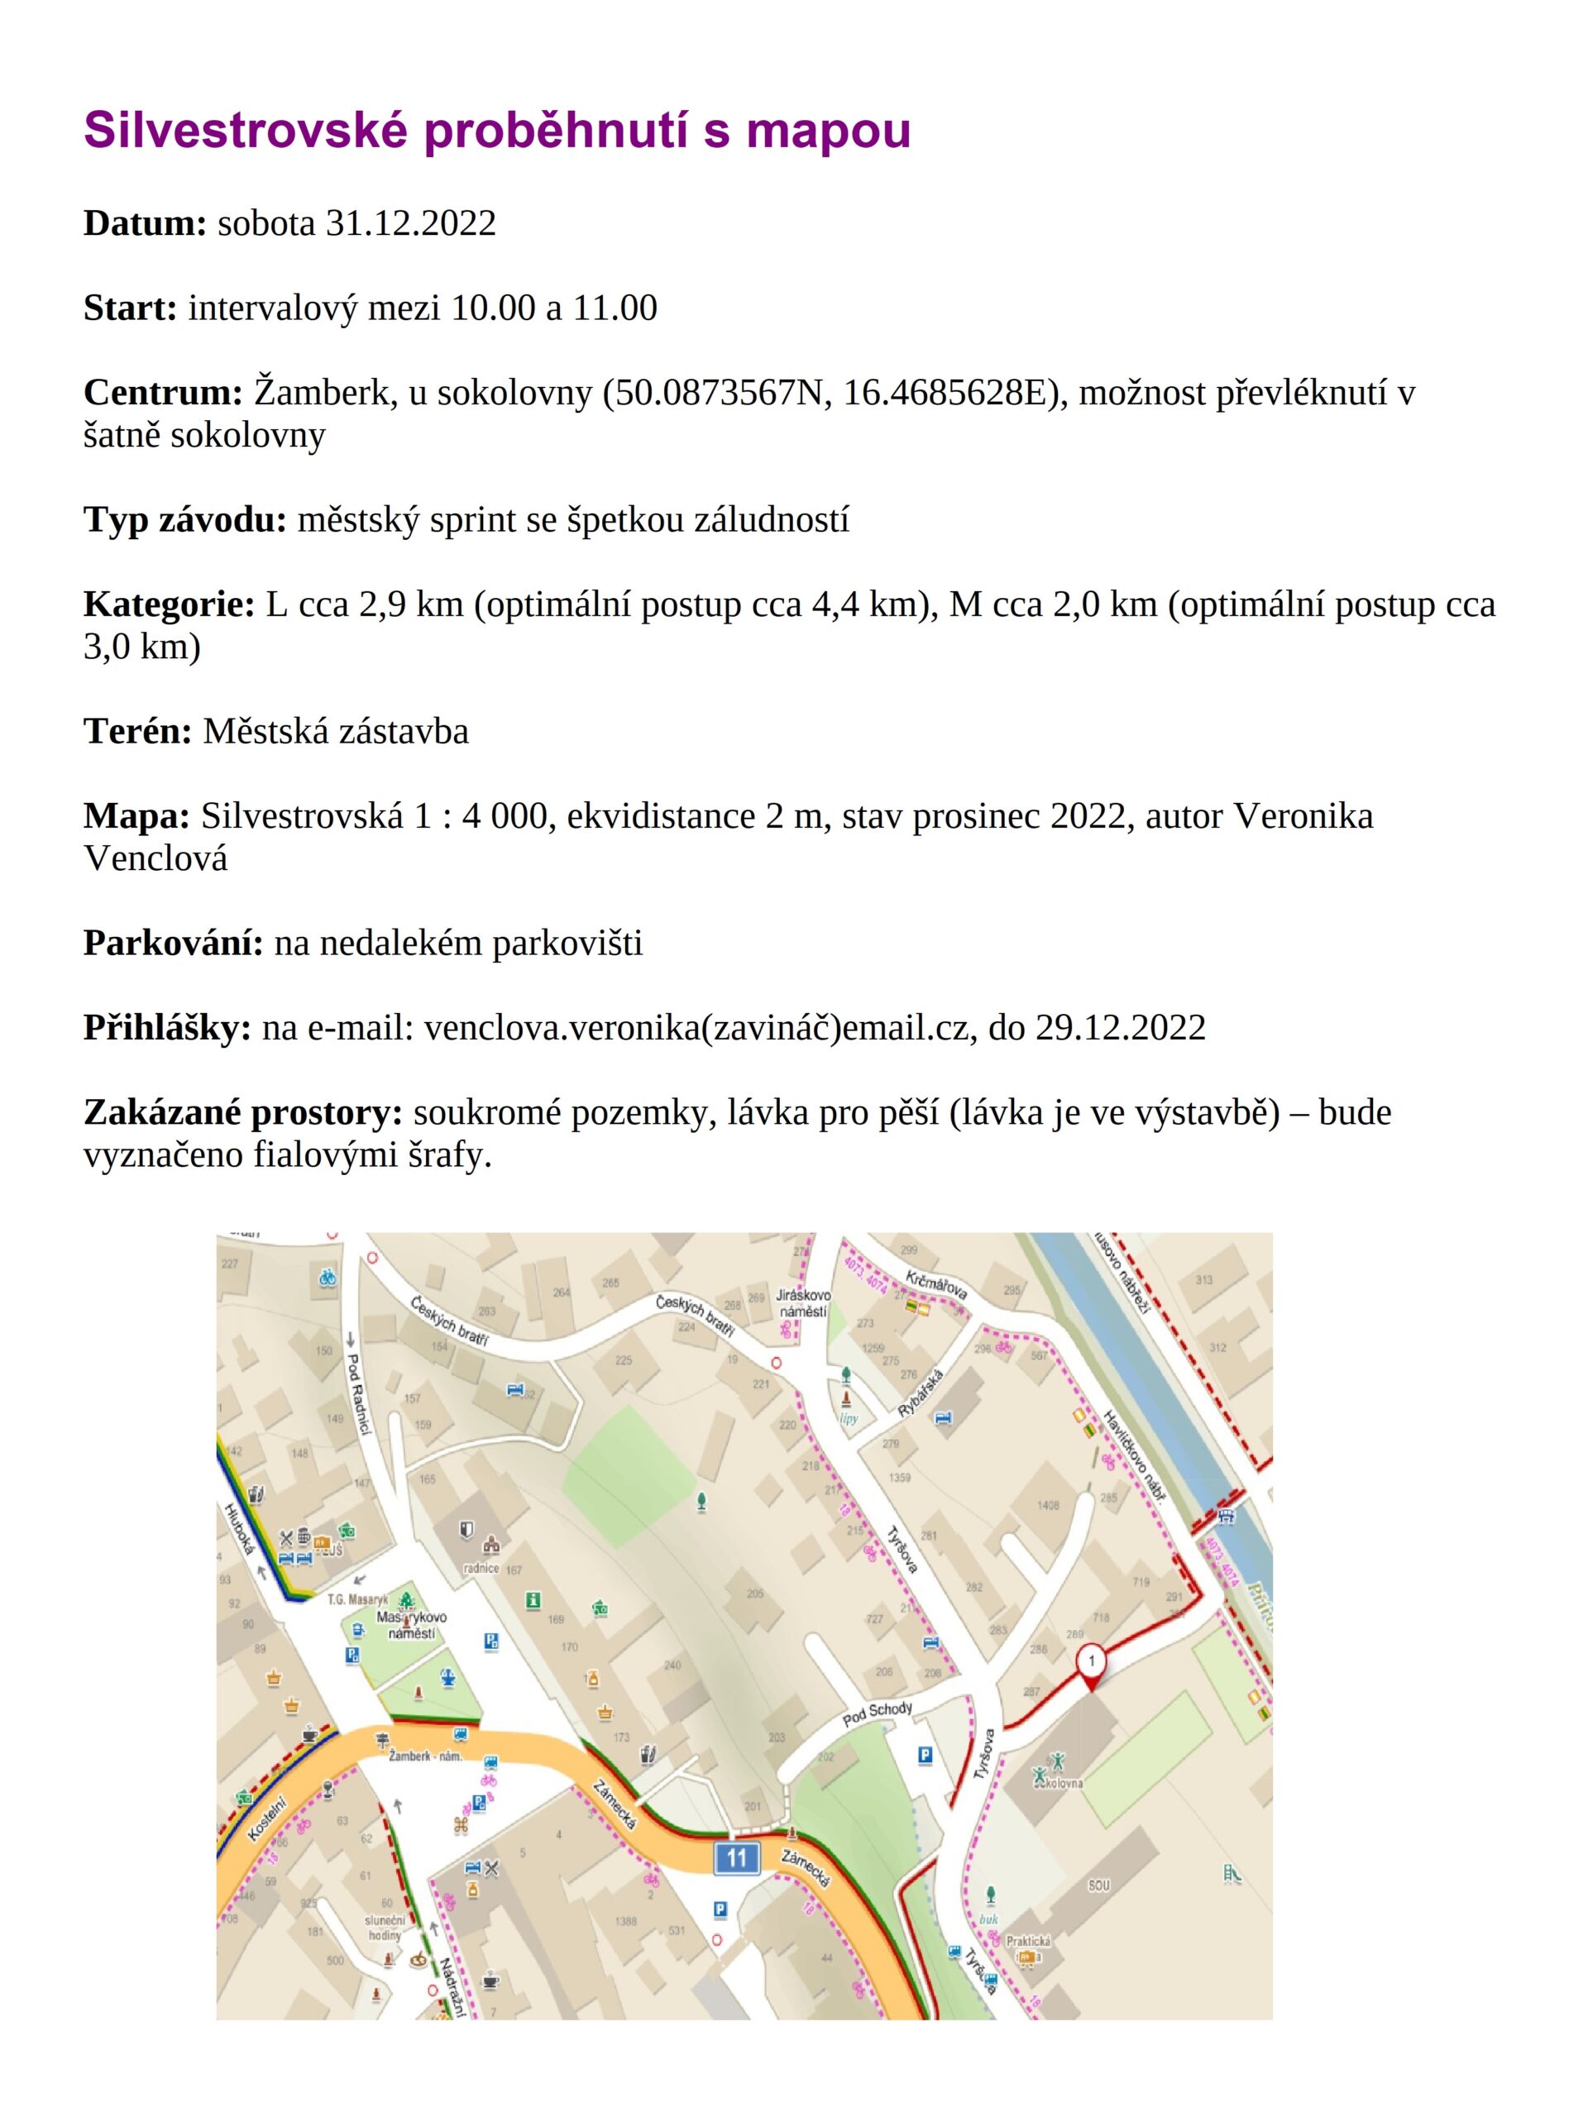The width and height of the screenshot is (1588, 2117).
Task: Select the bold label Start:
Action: coord(130,308)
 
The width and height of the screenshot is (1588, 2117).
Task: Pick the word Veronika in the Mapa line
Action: coord(1302,816)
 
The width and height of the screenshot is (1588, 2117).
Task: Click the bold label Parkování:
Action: coord(173,943)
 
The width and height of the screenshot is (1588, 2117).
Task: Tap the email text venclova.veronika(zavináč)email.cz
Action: coord(700,1028)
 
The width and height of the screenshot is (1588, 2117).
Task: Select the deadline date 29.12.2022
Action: coord(1120,1028)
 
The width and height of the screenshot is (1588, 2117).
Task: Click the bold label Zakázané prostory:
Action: coord(242,1113)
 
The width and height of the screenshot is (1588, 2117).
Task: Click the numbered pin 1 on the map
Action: coord(1090,1659)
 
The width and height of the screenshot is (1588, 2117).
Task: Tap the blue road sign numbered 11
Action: coord(736,1859)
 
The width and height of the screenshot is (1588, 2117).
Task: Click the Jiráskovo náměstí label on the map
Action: coord(803,1302)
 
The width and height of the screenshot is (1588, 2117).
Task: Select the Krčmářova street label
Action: coord(936,1285)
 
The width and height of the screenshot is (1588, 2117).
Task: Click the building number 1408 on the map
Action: coord(1048,1505)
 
